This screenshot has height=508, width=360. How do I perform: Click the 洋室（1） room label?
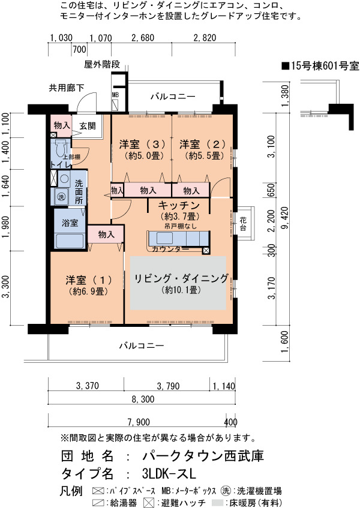[x=89, y=279]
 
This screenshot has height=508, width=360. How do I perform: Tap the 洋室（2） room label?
[x=203, y=144]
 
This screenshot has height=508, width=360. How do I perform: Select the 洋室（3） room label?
[x=142, y=144]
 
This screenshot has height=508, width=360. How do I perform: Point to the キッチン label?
[x=179, y=205]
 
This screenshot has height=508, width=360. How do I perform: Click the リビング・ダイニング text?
[x=181, y=278]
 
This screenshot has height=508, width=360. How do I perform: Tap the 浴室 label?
[x=70, y=223]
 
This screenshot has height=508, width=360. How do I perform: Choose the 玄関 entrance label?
[x=88, y=126]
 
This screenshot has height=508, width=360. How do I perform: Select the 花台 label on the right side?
[x=243, y=224]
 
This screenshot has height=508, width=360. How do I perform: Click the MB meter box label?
[x=115, y=95]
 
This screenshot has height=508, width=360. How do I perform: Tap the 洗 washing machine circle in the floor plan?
[x=61, y=197]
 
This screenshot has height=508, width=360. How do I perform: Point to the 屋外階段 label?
[x=102, y=64]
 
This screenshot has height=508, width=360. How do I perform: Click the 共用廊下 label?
[x=67, y=88]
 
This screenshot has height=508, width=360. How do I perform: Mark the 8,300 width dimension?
[x=143, y=399]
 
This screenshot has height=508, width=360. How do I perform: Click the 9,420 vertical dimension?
[x=286, y=217]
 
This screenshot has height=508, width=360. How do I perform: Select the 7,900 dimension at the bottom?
[x=139, y=422]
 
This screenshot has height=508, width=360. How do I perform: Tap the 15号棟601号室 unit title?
[x=320, y=66]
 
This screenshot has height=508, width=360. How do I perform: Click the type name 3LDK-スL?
[x=169, y=474]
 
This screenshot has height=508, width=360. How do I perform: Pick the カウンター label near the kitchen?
[x=170, y=249]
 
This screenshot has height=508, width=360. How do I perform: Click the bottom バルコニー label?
[x=142, y=345]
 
